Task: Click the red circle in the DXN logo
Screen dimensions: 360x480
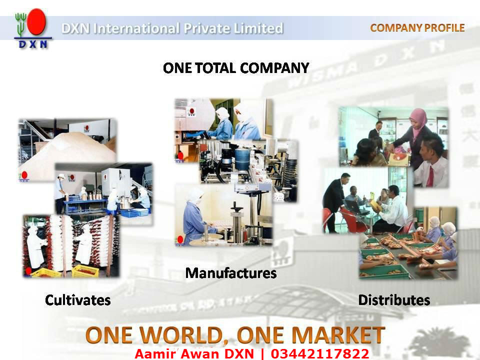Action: (36, 23)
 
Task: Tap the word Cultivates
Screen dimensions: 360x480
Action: (77, 300)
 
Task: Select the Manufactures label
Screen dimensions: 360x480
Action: (230, 273)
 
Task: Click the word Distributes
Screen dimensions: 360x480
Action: (394, 300)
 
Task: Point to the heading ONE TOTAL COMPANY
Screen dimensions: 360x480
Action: (236, 68)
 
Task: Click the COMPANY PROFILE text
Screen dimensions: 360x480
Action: (417, 28)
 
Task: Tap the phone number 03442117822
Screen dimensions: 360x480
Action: (320, 354)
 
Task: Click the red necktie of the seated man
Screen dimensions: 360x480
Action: (430, 176)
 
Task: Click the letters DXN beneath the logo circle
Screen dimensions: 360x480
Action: (33, 44)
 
